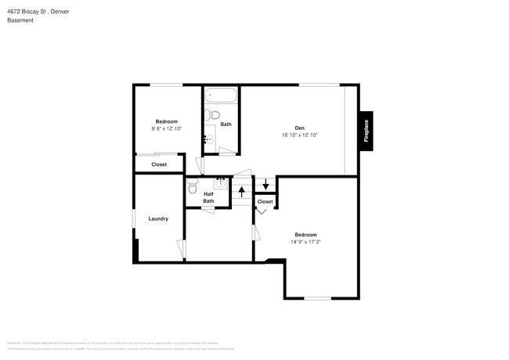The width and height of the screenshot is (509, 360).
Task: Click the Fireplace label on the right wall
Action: (x=366, y=129)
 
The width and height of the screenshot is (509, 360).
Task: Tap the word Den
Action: (x=299, y=128)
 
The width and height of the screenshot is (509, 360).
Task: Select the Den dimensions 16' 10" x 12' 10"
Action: (x=299, y=135)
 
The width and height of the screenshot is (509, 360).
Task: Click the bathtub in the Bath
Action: (x=220, y=98)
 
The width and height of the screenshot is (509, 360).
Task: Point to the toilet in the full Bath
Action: (x=212, y=117)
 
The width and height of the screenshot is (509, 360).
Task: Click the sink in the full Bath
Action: (x=209, y=139)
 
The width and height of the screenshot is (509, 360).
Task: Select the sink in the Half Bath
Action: (x=221, y=185)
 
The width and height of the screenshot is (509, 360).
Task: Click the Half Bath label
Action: (x=208, y=198)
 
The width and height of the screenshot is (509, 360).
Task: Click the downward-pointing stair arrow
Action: (x=265, y=185)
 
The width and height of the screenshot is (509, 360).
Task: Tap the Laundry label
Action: (x=158, y=218)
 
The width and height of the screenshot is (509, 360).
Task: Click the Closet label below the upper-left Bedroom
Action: (x=159, y=164)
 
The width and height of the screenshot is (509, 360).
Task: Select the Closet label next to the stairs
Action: (x=265, y=201)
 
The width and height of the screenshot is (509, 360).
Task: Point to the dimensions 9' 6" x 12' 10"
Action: (x=166, y=128)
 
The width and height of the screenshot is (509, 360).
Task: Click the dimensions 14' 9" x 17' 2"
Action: (x=305, y=242)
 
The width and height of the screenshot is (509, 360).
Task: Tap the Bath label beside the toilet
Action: (x=226, y=124)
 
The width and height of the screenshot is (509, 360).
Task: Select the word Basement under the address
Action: (x=20, y=20)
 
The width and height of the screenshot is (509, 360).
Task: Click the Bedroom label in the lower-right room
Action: (x=305, y=235)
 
